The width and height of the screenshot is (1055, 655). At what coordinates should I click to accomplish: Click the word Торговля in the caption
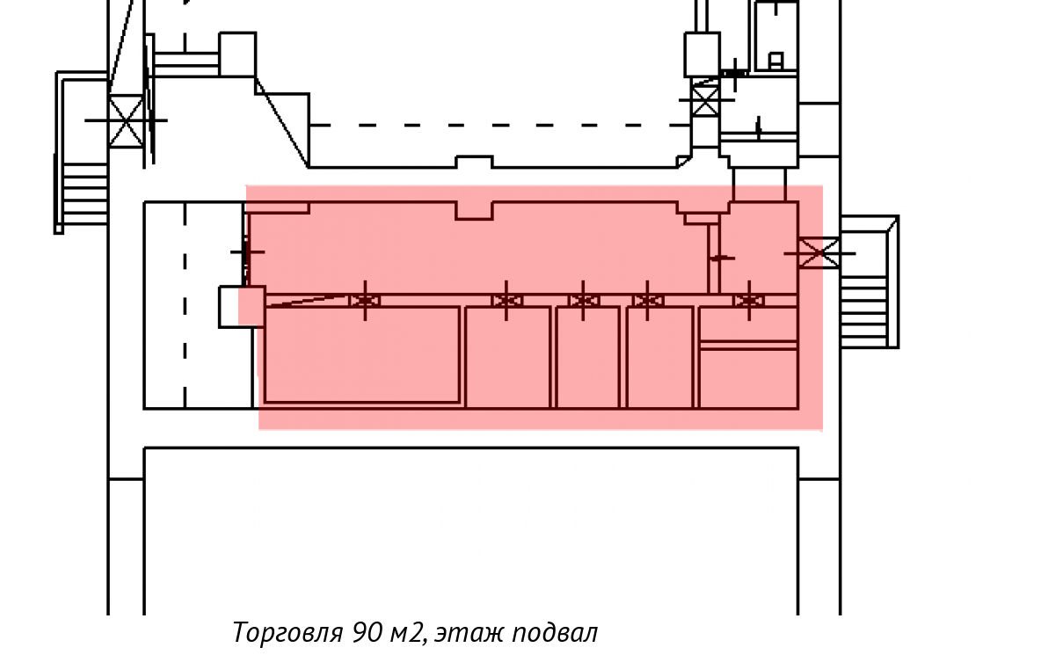point(288,633)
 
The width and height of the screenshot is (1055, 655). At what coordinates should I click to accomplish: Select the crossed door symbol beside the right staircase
point(818,253)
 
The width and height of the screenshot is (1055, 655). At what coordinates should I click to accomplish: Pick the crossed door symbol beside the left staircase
point(126,120)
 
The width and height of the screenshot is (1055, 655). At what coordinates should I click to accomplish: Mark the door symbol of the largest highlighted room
point(365,301)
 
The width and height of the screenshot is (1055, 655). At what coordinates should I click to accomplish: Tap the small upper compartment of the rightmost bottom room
point(748,324)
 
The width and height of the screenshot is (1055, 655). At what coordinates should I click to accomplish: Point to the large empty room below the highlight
point(470,528)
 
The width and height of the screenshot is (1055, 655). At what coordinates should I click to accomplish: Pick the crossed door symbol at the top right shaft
point(704,99)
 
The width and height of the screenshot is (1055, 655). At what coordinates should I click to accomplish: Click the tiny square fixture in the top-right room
point(775,60)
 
